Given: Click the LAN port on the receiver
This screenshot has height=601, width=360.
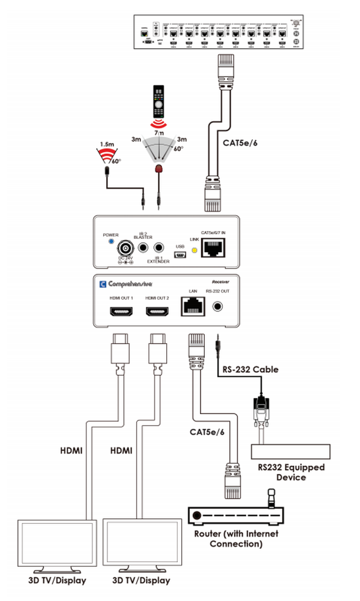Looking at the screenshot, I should click(192, 306).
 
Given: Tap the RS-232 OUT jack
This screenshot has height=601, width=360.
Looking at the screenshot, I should click(219, 306).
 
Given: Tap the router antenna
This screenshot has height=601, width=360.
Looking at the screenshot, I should click(271, 498).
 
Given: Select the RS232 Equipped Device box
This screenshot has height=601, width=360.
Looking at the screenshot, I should click(290, 452).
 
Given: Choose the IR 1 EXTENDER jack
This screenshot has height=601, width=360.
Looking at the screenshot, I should click(160, 247).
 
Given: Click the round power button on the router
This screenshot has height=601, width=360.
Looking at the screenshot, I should click(196, 515).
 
